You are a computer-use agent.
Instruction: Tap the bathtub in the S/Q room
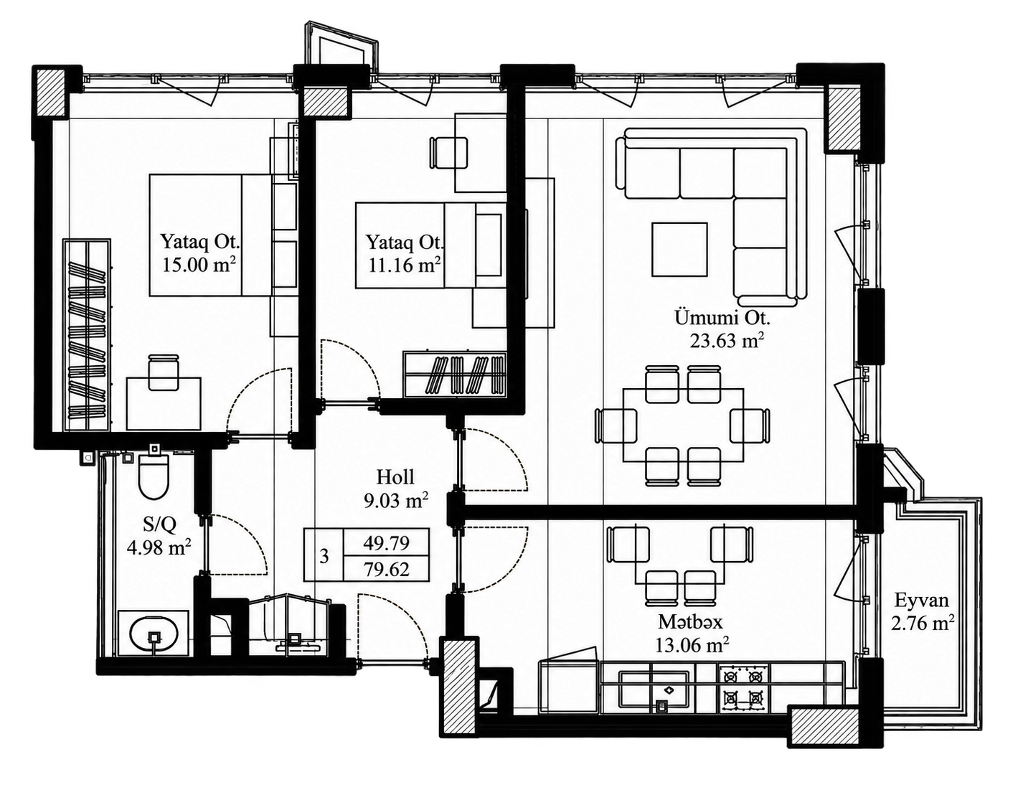click(154, 634)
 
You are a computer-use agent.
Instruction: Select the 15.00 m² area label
click(198, 265)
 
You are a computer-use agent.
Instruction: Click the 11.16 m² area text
click(405, 265)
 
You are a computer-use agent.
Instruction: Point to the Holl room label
click(395, 477)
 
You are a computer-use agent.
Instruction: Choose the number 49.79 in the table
click(387, 543)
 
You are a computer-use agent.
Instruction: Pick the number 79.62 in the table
click(387, 570)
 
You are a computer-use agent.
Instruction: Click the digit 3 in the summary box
click(324, 557)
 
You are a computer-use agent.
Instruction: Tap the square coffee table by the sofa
click(680, 249)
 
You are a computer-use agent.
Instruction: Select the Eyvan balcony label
click(921, 600)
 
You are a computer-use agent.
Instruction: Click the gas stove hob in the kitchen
click(743, 688)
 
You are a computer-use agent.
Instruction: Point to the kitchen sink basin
click(654, 690)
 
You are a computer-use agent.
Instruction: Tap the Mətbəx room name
click(691, 622)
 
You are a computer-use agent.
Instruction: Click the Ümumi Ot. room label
click(722, 318)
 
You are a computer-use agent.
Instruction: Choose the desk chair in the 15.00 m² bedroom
click(164, 372)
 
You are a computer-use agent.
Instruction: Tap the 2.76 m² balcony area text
click(923, 624)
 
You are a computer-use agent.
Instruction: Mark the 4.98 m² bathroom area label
click(159, 547)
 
